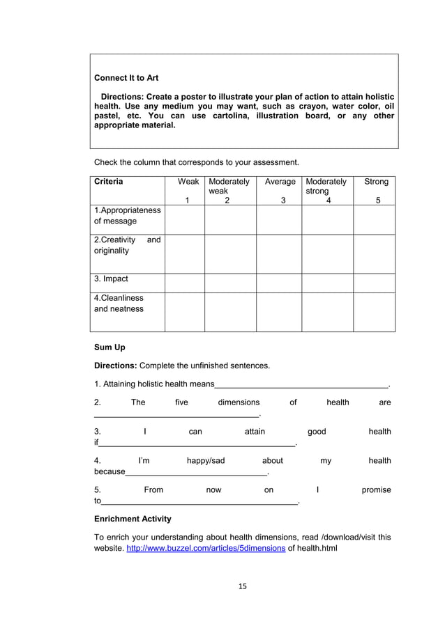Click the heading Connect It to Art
126,78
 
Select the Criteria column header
109,182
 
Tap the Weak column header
188,182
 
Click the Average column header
279,182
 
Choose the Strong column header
376,182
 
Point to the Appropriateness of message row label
127,216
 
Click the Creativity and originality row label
127,245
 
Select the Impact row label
111,279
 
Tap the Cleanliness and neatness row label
119,304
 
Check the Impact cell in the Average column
279,283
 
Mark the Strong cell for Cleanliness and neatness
375,312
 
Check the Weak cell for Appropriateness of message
184,219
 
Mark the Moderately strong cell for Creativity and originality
327,253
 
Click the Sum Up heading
110,347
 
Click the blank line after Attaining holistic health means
301,384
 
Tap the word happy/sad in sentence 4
206,461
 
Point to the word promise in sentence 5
376,490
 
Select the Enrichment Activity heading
133,519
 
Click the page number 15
243,586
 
